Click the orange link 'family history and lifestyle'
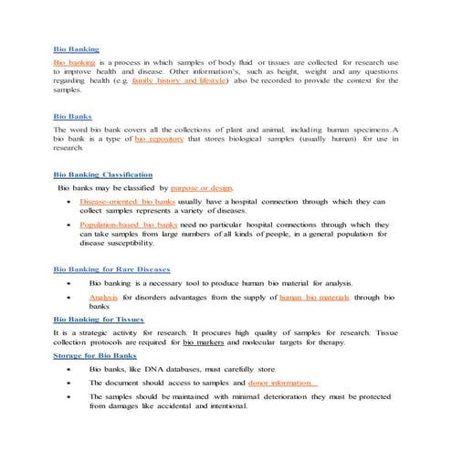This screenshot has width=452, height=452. tap(182, 81)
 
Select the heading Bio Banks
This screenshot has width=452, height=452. tap(71, 116)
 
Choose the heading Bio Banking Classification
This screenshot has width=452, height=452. tap(103, 173)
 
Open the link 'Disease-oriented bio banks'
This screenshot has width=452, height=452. tap(127, 200)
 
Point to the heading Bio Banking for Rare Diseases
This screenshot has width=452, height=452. tap(111, 269)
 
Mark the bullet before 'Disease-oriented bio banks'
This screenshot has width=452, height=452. tap(68, 200)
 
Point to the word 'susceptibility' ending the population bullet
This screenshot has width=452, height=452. tap(129, 245)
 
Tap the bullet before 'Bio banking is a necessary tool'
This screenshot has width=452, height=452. tap(68, 284)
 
